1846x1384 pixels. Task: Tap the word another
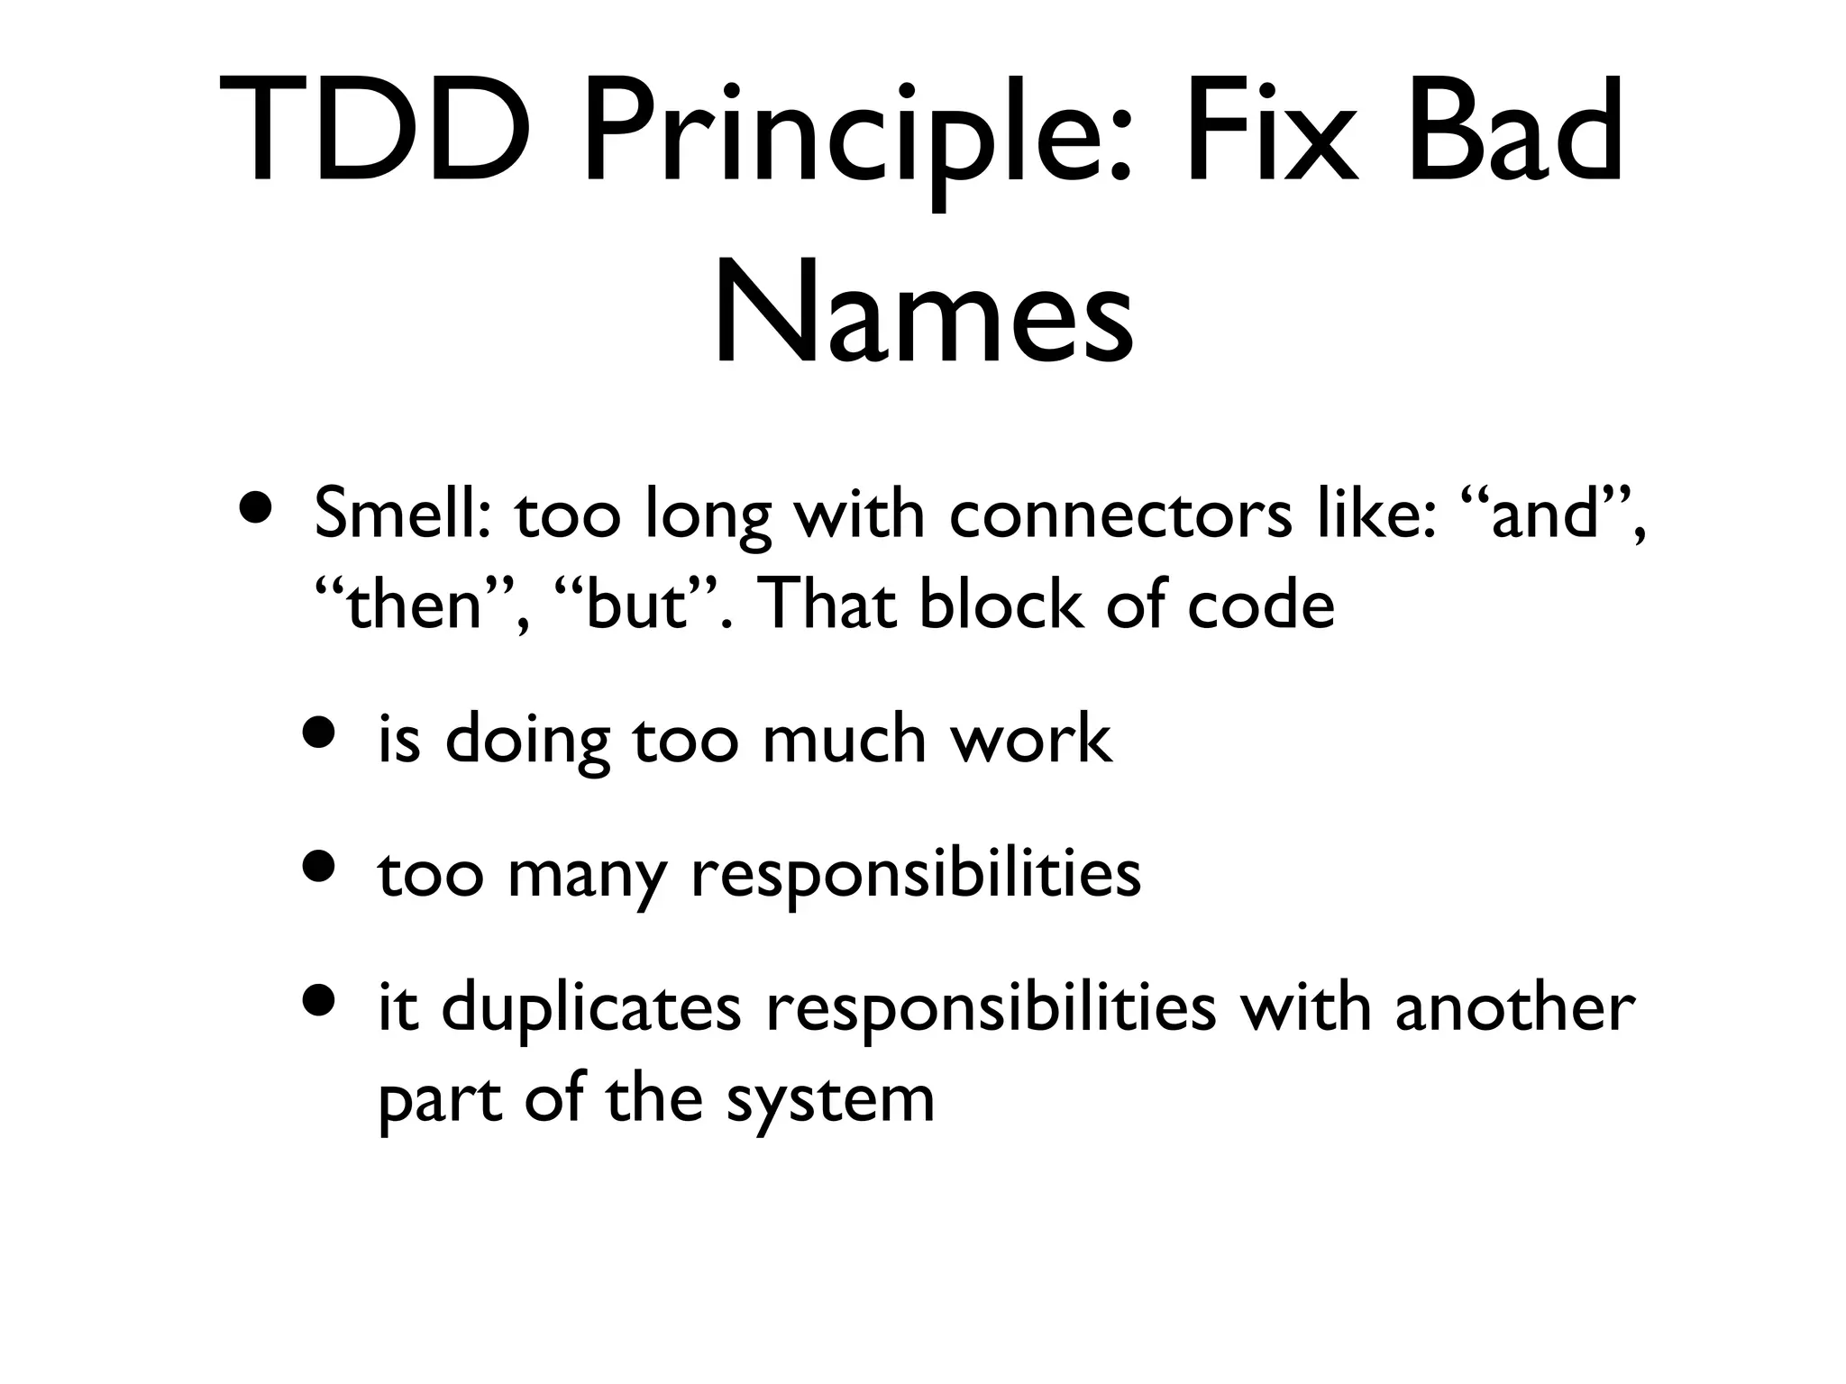[x=1514, y=1009]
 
